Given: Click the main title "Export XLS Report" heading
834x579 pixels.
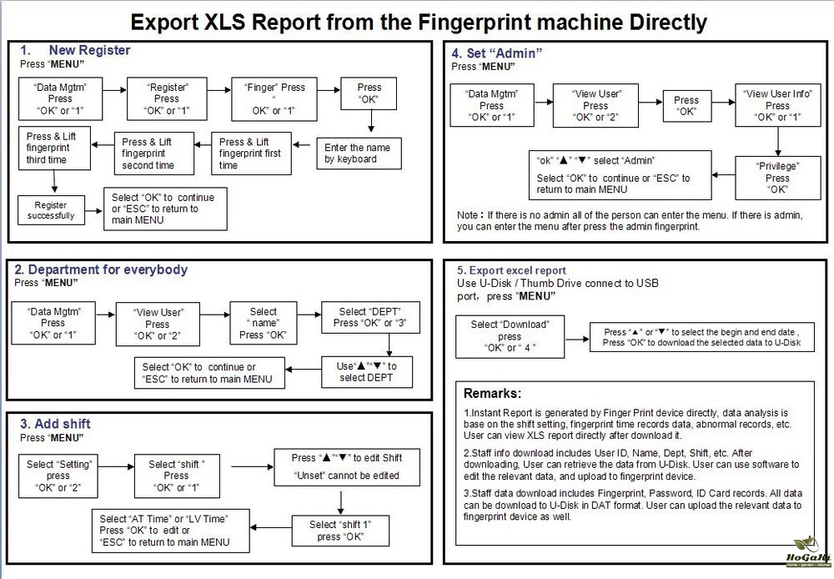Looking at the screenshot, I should (417, 21).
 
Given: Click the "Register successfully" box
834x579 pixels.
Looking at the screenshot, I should (50, 209).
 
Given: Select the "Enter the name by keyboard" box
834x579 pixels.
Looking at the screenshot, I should (357, 154).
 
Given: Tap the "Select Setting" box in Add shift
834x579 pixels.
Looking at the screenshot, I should (59, 476).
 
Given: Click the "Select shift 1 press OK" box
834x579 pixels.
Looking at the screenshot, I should (341, 531).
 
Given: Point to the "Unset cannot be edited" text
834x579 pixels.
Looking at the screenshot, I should (347, 476).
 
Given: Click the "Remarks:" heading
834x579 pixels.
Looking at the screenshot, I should (492, 393).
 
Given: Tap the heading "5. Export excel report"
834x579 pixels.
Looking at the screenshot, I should (511, 270).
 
